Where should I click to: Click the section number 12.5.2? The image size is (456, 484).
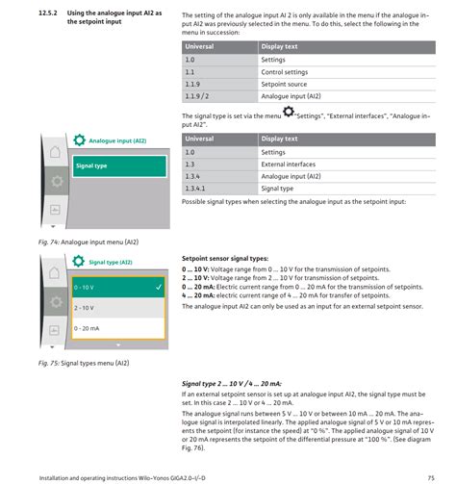48,13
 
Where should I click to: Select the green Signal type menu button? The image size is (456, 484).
119,166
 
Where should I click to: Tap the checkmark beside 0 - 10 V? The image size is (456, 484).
159,287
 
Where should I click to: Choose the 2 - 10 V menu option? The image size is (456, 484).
118,308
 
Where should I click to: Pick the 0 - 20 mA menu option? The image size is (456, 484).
118,328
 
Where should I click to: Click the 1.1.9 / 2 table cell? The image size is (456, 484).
219,96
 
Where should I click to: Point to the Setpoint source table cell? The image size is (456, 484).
346,85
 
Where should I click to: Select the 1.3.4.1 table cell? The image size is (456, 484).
219,189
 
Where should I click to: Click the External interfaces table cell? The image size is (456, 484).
346,165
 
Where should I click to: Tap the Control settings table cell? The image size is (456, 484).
346,72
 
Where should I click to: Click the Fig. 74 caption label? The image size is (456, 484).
49,242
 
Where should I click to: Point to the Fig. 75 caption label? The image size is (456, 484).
49,363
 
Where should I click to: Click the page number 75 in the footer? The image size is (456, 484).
431,478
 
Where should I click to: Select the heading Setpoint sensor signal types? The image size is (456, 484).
225,259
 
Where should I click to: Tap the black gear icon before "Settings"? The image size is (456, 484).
289,112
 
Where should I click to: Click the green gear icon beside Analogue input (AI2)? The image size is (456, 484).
79,140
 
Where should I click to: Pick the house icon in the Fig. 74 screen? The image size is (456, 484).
55,152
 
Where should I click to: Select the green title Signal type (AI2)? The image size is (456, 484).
111,263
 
